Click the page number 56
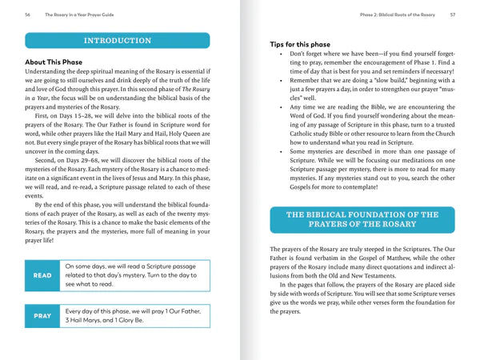click(28, 14)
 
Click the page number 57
click(453, 14)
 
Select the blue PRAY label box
click(42, 316)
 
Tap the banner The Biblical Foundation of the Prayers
click(362, 219)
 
